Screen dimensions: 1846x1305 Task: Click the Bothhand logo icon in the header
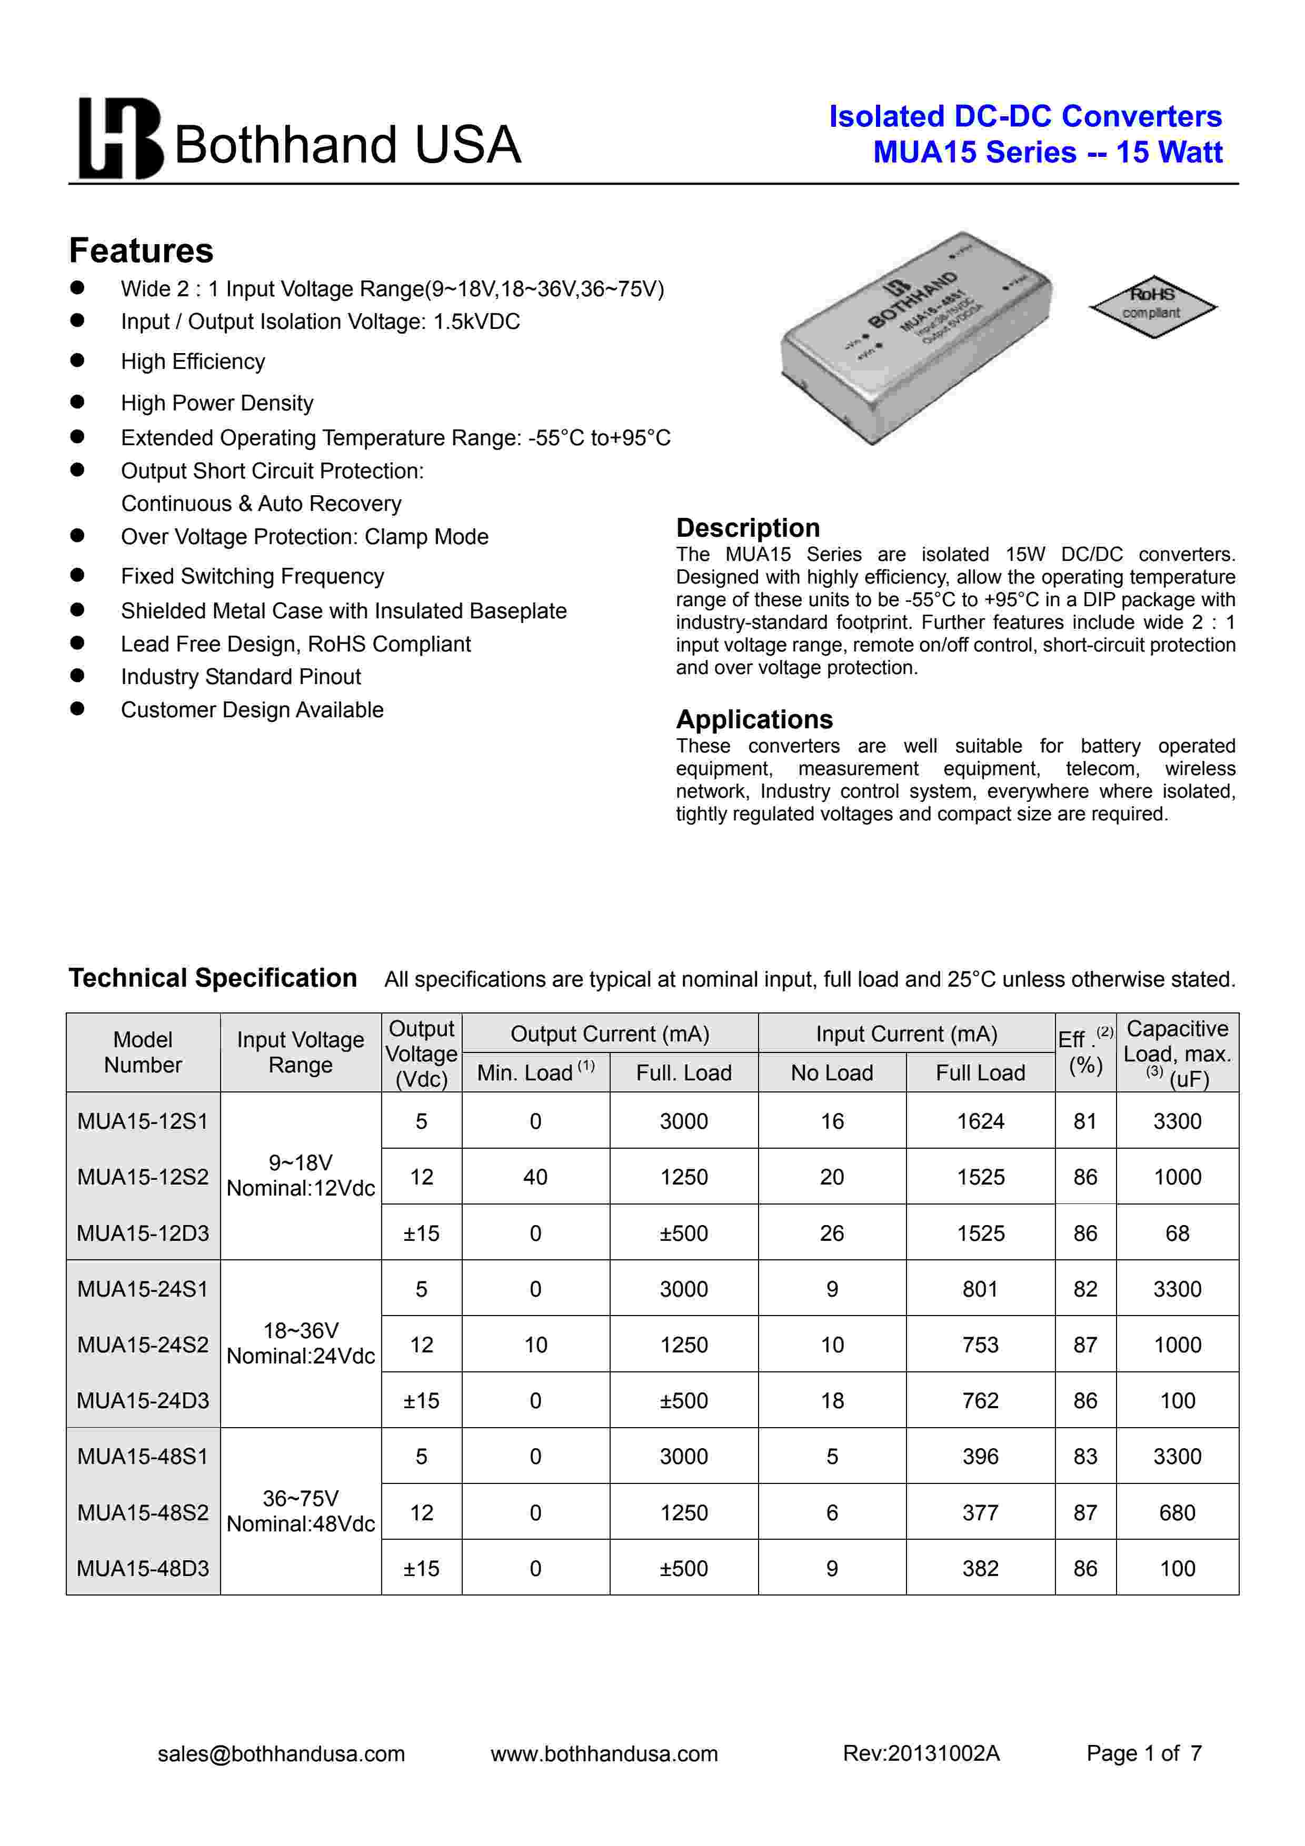pyautogui.click(x=121, y=138)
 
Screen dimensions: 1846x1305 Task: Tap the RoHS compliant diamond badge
pyautogui.click(x=1152, y=306)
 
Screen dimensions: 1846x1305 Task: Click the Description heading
pyautogui.click(x=748, y=527)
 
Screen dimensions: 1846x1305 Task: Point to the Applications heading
pyautogui.click(x=754, y=719)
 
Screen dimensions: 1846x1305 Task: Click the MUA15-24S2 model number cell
pyautogui.click(x=143, y=1345)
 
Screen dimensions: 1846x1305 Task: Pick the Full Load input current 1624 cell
pyautogui.click(x=980, y=1121)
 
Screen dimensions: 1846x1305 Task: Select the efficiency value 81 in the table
pyautogui.click(x=1084, y=1121)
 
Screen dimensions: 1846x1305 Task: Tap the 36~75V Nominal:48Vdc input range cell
pyautogui.click(x=301, y=1511)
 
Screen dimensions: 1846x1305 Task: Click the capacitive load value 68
pyautogui.click(x=1177, y=1232)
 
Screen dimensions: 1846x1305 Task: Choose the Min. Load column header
pyautogui.click(x=535, y=1072)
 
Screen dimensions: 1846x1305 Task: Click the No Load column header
pyautogui.click(x=831, y=1072)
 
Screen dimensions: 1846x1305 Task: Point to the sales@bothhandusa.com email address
pyautogui.click(x=282, y=1753)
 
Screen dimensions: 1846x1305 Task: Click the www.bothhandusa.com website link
pyautogui.click(x=604, y=1753)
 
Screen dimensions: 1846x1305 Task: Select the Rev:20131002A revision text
pyautogui.click(x=921, y=1753)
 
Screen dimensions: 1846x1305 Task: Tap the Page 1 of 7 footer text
pyautogui.click(x=1143, y=1753)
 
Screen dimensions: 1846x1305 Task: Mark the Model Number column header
pyautogui.click(x=143, y=1051)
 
